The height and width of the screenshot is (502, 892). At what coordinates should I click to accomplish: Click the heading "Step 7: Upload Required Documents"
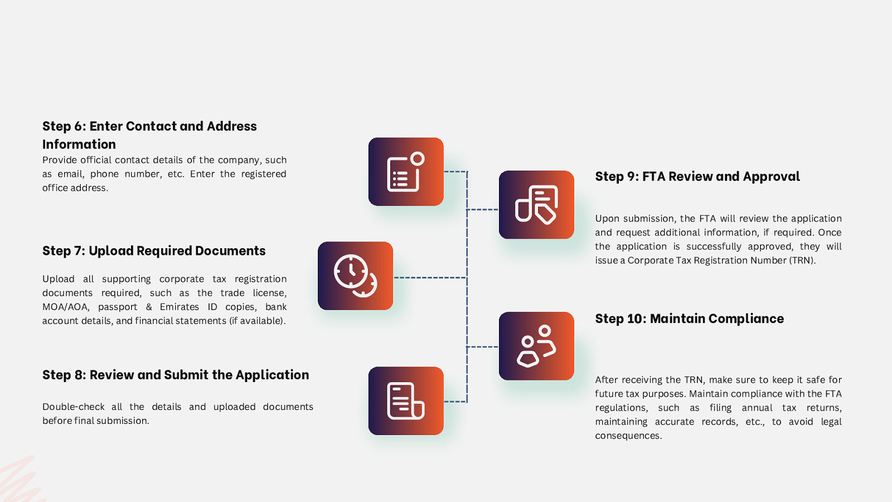click(154, 251)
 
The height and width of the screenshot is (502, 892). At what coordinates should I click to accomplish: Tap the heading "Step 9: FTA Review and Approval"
click(697, 177)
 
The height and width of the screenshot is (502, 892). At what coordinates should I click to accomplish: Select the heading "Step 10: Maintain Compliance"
click(689, 319)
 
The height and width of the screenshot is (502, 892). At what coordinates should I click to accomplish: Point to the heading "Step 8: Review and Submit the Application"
click(176, 375)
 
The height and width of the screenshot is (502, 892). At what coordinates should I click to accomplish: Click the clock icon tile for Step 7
click(355, 276)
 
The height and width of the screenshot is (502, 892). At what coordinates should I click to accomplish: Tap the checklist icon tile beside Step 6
click(406, 172)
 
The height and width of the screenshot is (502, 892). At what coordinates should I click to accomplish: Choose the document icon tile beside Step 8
click(406, 400)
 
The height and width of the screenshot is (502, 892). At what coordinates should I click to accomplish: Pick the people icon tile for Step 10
click(536, 346)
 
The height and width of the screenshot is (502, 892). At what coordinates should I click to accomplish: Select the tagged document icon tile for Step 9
click(536, 205)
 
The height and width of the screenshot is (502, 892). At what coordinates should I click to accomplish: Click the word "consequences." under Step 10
click(628, 436)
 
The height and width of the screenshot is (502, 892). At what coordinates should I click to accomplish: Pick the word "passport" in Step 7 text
click(118, 307)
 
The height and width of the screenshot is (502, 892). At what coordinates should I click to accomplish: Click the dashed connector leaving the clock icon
click(429, 277)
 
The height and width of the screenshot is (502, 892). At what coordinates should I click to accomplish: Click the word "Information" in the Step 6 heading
click(79, 144)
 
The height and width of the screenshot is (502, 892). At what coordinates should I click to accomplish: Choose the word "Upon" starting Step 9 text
click(607, 219)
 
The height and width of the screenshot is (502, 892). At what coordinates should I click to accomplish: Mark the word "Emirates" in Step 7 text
click(179, 307)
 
